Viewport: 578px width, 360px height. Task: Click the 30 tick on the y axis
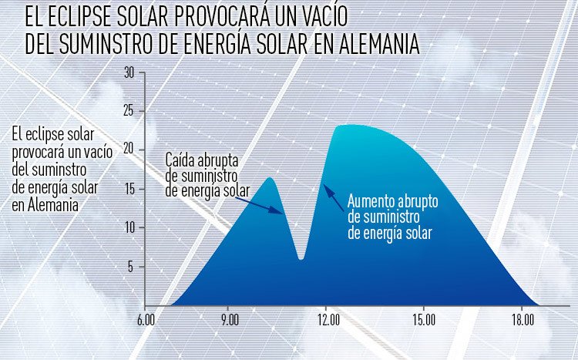129,72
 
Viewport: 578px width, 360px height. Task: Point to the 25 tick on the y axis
129,111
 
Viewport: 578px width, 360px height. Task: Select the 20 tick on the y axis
129,150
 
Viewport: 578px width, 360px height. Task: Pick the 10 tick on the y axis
129,227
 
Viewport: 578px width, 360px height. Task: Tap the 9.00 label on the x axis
229,318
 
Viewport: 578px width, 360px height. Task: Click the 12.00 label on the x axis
328,318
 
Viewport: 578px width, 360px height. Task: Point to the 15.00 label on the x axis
425,318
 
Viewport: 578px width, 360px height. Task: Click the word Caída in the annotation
181,161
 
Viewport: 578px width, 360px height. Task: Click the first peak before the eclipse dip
269,179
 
